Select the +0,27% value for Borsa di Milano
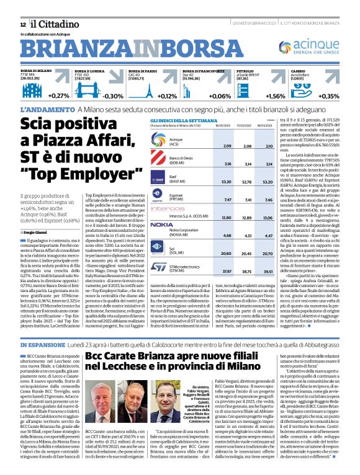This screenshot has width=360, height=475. (58, 96)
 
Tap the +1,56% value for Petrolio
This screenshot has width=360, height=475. (275, 96)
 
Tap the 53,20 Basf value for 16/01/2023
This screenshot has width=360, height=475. (227, 182)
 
